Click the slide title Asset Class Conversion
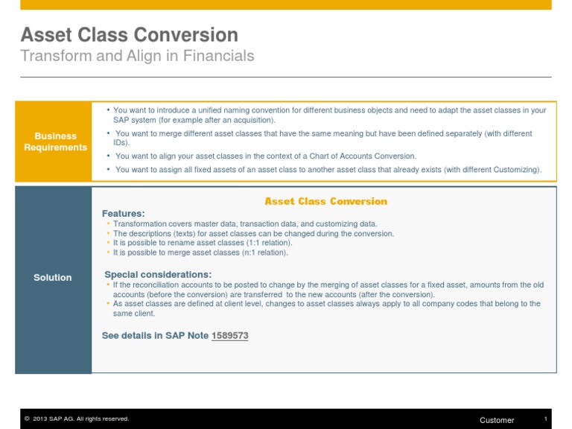(129, 35)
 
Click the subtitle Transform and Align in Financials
(137, 56)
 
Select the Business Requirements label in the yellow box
(55, 142)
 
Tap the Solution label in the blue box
(53, 278)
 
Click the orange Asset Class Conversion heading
(326, 201)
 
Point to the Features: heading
(124, 214)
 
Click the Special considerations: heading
(158, 274)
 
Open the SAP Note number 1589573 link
(230, 336)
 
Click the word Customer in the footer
(497, 420)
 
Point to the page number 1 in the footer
(546, 419)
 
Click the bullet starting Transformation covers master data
(244, 223)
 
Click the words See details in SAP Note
(155, 336)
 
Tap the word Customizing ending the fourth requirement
(515, 170)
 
